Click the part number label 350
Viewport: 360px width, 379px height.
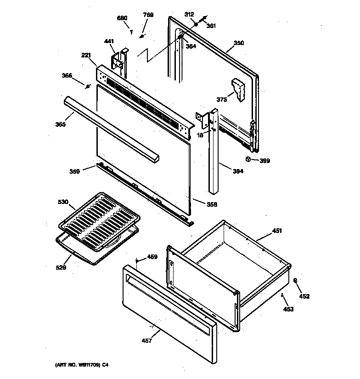tap(239, 44)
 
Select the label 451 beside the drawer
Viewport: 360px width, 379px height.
tap(277, 231)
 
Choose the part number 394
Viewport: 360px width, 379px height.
tap(238, 171)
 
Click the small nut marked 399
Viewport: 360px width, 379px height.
tap(248, 159)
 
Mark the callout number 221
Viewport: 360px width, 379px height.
tap(86, 56)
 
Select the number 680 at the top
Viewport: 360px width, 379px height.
tap(122, 18)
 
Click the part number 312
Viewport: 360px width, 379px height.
tap(189, 14)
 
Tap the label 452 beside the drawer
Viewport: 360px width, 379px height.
tap(304, 296)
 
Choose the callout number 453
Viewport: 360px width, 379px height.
tap(288, 309)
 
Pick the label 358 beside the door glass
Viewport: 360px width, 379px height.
tap(212, 204)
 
